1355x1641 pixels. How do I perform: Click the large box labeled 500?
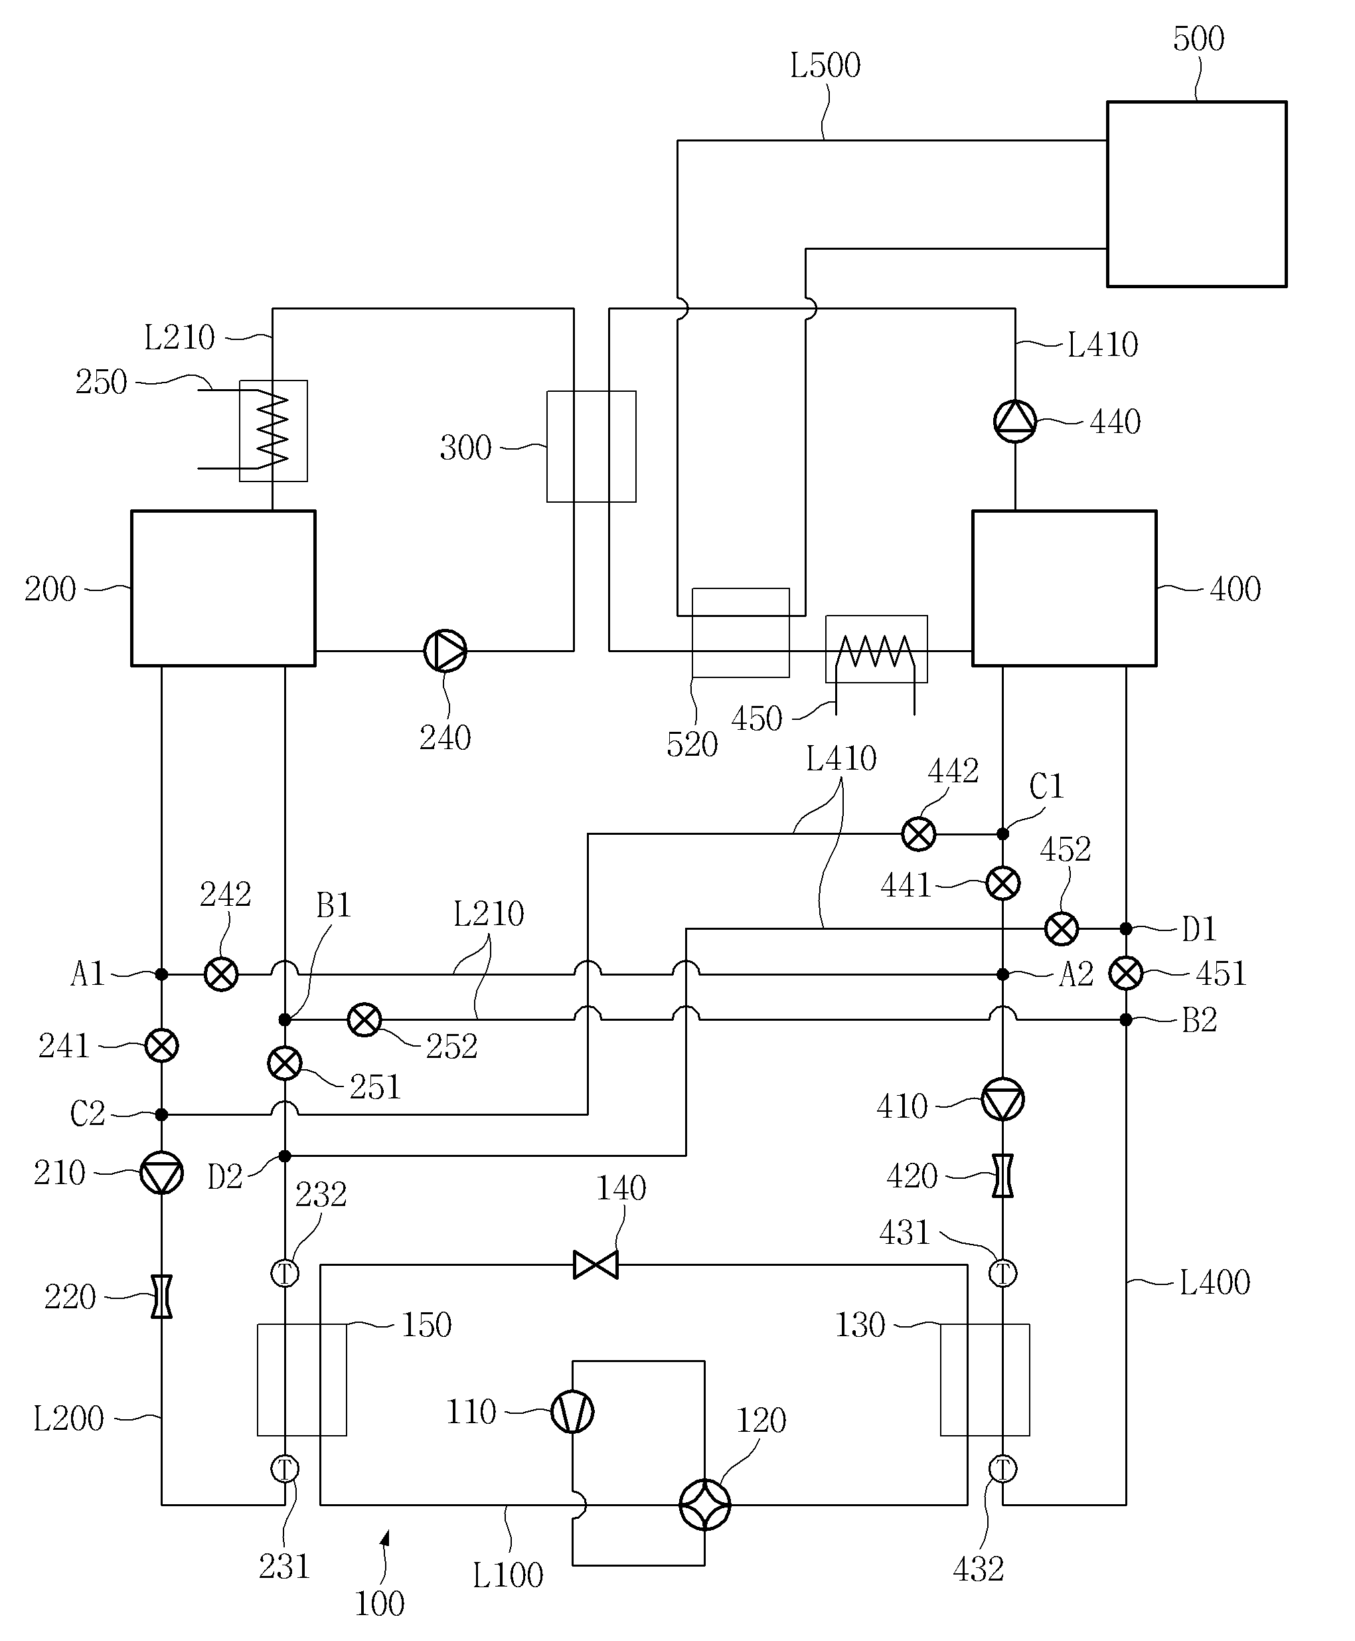[x=1196, y=194]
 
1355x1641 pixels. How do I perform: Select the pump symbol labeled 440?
[x=1014, y=422]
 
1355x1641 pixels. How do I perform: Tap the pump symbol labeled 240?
[x=445, y=650]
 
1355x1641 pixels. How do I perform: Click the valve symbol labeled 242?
[x=221, y=974]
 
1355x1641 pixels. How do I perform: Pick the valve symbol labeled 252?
[x=364, y=1019]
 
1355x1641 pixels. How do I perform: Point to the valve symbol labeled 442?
[x=919, y=833]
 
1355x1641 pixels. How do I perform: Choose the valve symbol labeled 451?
[x=1125, y=974]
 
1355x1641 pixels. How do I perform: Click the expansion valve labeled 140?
[x=596, y=1264]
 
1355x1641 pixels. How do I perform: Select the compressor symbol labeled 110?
[x=572, y=1411]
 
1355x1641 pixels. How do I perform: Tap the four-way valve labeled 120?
[x=705, y=1504]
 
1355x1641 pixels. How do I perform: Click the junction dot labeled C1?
[x=1003, y=833]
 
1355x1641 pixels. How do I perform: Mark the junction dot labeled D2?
[x=285, y=1156]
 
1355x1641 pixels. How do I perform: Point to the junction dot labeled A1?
[x=161, y=974]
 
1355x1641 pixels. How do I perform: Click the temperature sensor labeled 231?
[x=285, y=1469]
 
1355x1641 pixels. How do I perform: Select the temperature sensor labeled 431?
[x=1003, y=1273]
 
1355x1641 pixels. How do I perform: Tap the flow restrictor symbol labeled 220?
[x=161, y=1297]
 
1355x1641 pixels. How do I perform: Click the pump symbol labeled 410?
[x=1003, y=1099]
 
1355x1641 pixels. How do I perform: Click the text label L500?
[x=825, y=66]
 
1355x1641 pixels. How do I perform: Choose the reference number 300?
[x=465, y=448]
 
